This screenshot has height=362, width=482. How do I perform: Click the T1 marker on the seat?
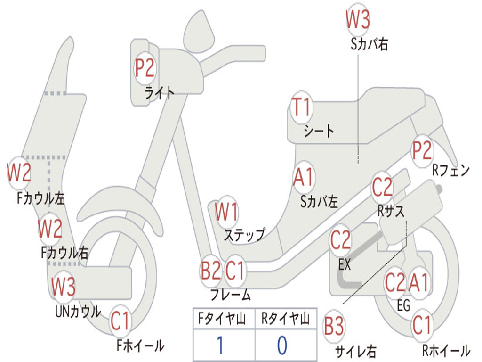(x=301, y=107)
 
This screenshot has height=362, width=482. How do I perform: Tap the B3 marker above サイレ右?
(x=334, y=326)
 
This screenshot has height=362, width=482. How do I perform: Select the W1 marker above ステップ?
(x=227, y=213)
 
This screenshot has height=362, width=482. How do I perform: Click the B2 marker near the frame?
(x=210, y=271)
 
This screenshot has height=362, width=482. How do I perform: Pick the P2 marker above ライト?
(x=145, y=68)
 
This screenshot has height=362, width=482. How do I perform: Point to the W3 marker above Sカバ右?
(x=358, y=20)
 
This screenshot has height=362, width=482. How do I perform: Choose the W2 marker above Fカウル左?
(x=19, y=173)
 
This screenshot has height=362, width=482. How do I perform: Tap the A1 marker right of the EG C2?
(x=418, y=283)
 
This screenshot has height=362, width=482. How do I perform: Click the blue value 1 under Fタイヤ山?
(x=219, y=346)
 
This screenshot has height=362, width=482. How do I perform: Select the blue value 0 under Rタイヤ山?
(x=281, y=346)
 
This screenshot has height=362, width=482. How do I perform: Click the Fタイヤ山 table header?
(x=223, y=320)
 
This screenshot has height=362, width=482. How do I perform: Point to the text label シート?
(x=319, y=131)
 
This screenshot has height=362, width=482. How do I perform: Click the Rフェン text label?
(x=451, y=171)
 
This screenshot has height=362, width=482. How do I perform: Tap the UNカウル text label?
(x=77, y=311)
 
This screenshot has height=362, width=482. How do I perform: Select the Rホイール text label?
(x=446, y=351)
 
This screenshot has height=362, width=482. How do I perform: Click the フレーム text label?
(x=230, y=295)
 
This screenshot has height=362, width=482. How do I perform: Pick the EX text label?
(x=345, y=265)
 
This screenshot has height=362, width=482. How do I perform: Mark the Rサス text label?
(x=391, y=211)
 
